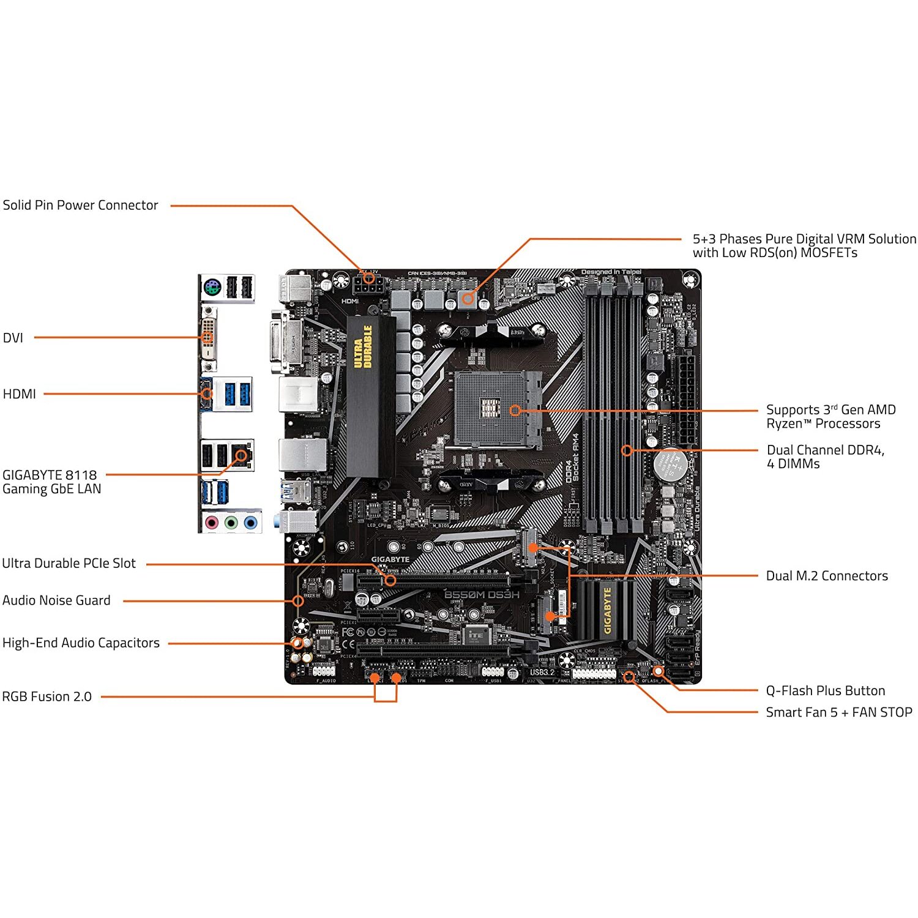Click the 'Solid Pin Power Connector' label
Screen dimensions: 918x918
pyautogui.click(x=80, y=206)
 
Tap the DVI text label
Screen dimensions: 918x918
pyautogui.click(x=13, y=338)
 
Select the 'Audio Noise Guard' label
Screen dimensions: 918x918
pyautogui.click(x=56, y=601)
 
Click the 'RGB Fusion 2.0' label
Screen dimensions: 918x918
pyautogui.click(x=47, y=697)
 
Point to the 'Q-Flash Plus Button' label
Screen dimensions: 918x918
pyautogui.click(x=825, y=691)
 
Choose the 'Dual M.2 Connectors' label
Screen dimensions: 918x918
pyautogui.click(x=826, y=576)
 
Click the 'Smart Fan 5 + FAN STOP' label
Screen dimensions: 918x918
pyautogui.click(x=838, y=712)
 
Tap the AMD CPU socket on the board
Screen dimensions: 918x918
pyautogui.click(x=497, y=409)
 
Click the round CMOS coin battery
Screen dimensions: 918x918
pyautogui.click(x=670, y=465)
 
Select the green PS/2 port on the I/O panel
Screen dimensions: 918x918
pyautogui.click(x=212, y=286)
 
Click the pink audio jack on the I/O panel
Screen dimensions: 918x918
pyautogui.click(x=211, y=523)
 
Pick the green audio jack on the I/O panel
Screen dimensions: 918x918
pyautogui.click(x=231, y=523)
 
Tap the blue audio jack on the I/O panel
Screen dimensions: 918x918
pyautogui.click(x=250, y=523)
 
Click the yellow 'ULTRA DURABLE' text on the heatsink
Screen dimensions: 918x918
pyautogui.click(x=363, y=346)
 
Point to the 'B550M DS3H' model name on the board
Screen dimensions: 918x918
pyautogui.click(x=482, y=595)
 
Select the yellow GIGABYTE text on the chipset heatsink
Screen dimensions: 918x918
pyautogui.click(x=607, y=610)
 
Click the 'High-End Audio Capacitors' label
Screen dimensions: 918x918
pyautogui.click(x=81, y=643)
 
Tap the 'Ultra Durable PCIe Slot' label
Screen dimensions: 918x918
pyautogui.click(x=69, y=564)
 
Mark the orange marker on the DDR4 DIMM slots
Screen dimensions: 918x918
pyautogui.click(x=627, y=450)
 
